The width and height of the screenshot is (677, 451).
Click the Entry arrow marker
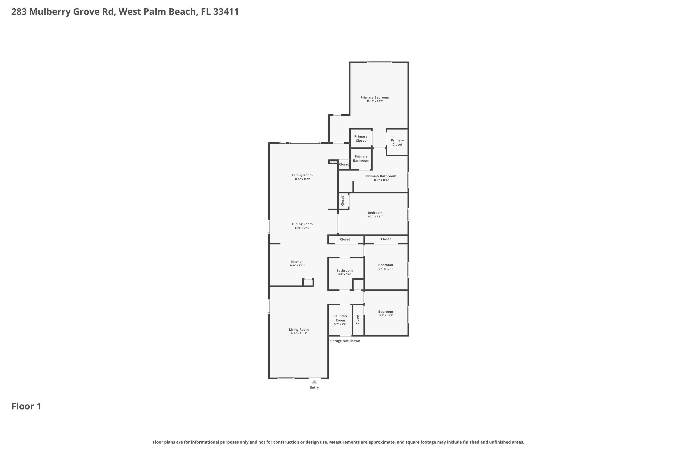pos(314,382)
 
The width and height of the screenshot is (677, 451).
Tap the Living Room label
pos(299,330)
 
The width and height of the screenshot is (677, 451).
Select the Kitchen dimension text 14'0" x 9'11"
pos(297,265)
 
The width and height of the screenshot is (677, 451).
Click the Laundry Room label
pos(340,318)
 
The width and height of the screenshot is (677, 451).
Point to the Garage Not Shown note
pos(345,341)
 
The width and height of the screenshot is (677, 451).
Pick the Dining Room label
pos(302,224)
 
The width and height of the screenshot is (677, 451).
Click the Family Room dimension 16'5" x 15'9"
pos(302,179)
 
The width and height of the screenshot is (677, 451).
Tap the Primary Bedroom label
pos(375,97)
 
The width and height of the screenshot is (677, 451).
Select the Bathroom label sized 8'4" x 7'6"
pos(344,271)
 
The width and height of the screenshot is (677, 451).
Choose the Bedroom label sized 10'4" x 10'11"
pos(385,265)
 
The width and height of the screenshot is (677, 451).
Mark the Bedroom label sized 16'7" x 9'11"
pos(375,213)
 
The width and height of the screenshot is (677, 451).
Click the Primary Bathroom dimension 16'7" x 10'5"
pos(381,180)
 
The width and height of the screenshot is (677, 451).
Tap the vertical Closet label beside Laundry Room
pos(357,319)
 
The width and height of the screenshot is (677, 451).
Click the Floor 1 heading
pos(26,406)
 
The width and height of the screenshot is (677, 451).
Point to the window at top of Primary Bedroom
pos(379,62)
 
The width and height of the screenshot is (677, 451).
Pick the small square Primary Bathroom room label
pos(361,159)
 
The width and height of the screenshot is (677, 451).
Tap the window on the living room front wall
pos(286,378)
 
